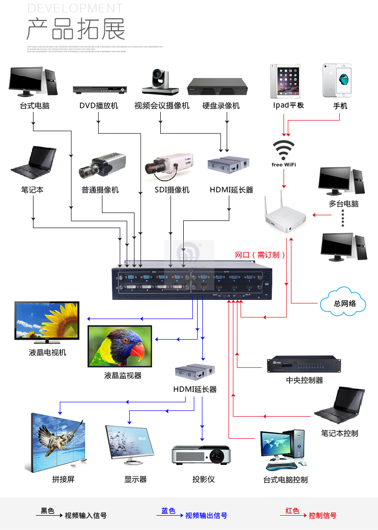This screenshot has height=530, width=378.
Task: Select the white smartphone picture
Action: point(340,80)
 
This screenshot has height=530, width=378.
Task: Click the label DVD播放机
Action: point(99,106)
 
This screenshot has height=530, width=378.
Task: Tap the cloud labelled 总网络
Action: point(343,302)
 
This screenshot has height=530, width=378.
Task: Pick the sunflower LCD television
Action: point(46,322)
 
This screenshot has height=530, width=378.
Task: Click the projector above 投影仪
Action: point(201,455)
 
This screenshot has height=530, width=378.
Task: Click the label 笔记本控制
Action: point(339,433)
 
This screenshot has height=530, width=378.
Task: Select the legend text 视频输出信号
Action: point(206,516)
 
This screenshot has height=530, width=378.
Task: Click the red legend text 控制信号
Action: point(322,516)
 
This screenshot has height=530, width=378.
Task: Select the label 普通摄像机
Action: point(100,190)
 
